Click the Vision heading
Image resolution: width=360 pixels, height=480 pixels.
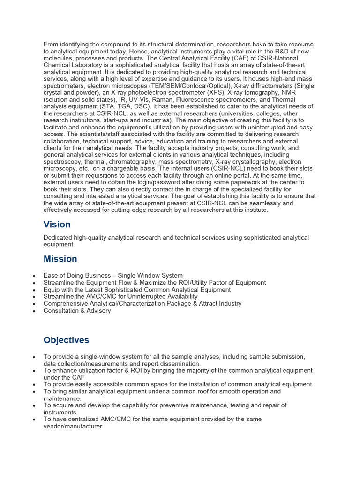point(57,225)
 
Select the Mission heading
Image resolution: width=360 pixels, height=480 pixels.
point(60,259)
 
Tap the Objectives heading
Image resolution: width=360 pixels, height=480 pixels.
point(66,340)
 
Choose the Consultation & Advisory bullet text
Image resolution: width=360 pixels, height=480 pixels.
point(77,310)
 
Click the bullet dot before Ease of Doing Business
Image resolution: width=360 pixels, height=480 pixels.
point(35,276)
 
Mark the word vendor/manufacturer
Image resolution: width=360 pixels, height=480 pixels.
point(73,427)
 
